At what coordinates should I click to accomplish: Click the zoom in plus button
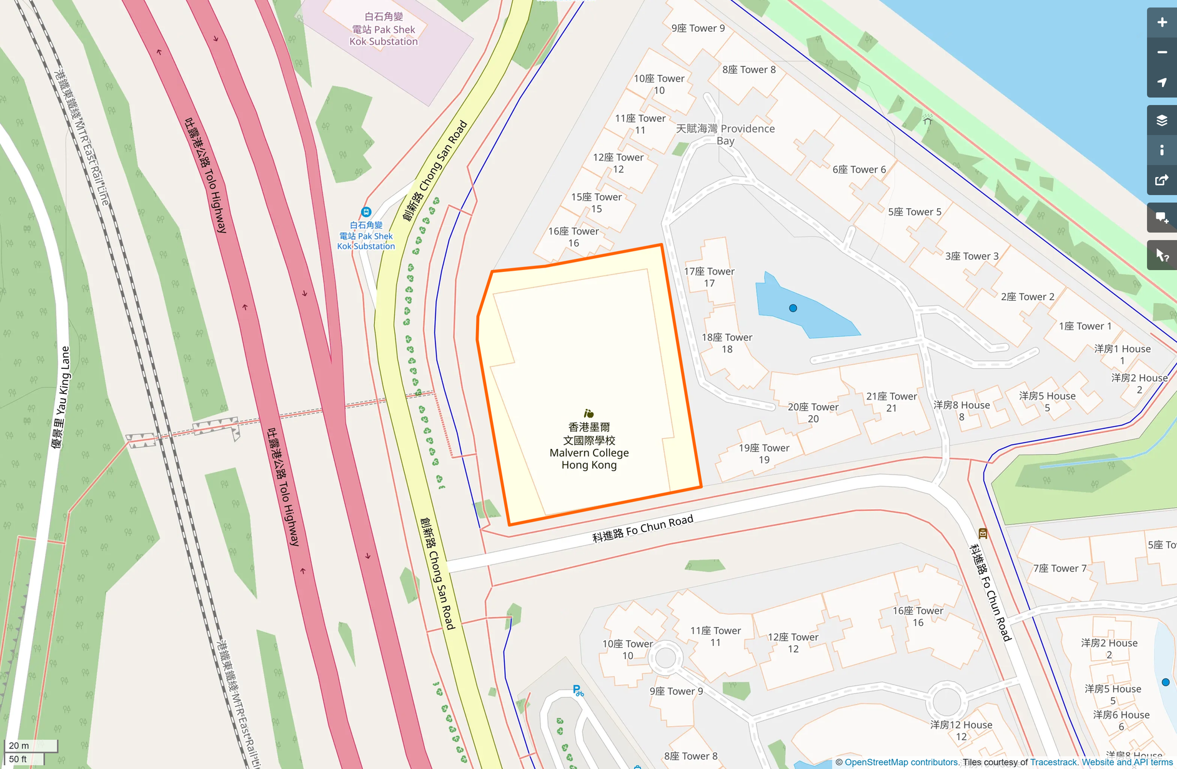coord(1161,23)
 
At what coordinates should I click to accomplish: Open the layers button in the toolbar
coord(1161,120)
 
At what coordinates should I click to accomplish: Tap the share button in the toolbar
coord(1161,181)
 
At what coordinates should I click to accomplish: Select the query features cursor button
coord(1161,255)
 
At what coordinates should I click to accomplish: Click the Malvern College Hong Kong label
coord(588,446)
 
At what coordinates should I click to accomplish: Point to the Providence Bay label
coord(725,134)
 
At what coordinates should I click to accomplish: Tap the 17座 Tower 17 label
coord(709,277)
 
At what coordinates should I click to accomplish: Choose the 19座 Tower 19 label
coord(764,453)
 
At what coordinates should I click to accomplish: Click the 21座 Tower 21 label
coord(891,402)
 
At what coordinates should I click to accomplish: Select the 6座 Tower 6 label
coord(859,169)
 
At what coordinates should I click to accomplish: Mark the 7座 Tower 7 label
coord(1060,568)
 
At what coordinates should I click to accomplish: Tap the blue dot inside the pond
coord(793,308)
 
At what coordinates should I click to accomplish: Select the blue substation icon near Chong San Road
coord(366,212)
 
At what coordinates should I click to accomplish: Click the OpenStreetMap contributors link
coord(901,762)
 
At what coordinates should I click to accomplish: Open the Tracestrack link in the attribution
coord(1053,762)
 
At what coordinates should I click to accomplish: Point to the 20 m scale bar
coord(31,745)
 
